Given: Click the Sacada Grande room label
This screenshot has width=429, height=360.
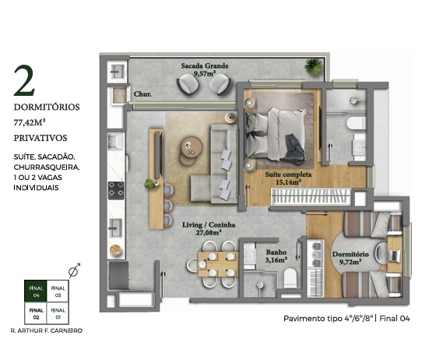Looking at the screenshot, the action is tap(205, 66).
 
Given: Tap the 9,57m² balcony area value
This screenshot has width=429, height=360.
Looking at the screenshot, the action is tap(204, 73).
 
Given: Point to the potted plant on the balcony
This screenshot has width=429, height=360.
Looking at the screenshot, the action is tap(313, 66).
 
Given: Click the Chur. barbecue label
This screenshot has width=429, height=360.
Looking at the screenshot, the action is tap(142, 94).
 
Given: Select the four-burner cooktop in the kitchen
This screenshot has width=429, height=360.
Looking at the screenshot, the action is tap(116, 191).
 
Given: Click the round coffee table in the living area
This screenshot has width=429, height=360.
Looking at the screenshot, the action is tap(192, 147).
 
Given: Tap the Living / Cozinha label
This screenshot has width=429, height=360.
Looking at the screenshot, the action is tap(209, 225).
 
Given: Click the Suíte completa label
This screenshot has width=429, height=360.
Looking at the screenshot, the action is tap(288, 175).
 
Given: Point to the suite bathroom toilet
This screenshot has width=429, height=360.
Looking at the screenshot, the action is tap(357, 123).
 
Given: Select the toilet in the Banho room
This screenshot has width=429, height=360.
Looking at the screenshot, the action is tap(290, 277).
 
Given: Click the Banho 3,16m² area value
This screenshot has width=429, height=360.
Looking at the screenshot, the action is tap(276, 259).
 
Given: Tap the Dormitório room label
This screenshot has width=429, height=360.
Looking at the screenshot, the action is tap(350, 254).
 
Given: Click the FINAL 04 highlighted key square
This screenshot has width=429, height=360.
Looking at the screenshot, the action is tap(36, 291).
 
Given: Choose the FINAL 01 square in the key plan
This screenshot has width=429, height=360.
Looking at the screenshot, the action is tap(58, 313).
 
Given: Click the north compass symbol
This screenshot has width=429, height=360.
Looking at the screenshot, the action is tap(74, 270).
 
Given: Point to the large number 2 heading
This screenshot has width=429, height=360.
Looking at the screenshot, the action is tap(25, 80).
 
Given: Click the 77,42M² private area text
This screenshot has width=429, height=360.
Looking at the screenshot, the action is tap(30, 122).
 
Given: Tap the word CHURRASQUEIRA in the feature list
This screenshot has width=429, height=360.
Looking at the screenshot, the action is tap(47, 167).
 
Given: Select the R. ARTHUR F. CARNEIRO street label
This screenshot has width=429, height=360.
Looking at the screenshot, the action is tap(47, 330).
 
